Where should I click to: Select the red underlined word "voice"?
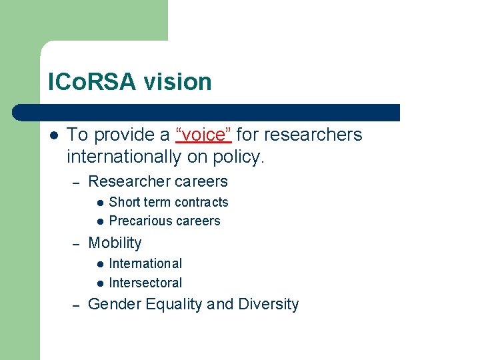[203, 135]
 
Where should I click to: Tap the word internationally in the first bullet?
[123, 157]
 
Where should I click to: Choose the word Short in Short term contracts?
[124, 202]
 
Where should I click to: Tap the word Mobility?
[115, 243]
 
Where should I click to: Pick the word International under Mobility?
[145, 263]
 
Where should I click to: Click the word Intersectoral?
[145, 283]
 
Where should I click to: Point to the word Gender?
[111, 305]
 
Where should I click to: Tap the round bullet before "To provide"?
[53, 135]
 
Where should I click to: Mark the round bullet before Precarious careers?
[99, 221]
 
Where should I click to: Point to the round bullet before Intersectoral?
[99, 283]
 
